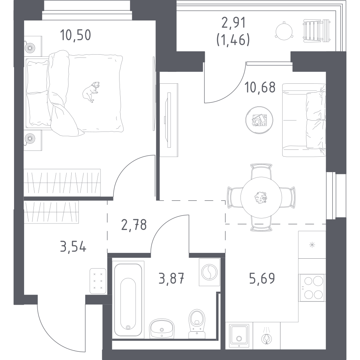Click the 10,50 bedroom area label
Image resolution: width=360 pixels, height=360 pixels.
[76, 36]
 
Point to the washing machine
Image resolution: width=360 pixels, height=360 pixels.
[208, 272]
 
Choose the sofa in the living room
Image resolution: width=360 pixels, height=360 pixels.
[304, 120]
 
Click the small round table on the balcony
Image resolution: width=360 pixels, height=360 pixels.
[284, 30]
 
